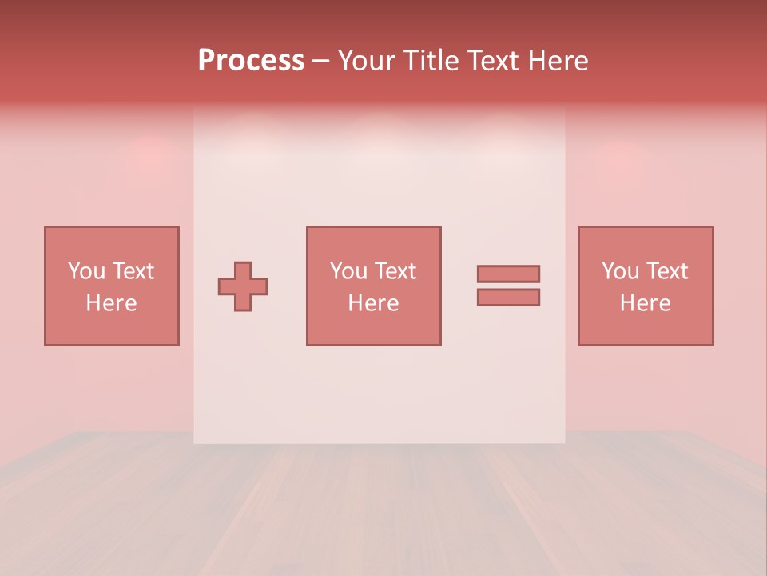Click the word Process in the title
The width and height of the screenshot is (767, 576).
tap(251, 61)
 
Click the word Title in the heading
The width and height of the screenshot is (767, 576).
tap(429, 61)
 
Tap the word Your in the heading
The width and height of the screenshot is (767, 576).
tap(368, 61)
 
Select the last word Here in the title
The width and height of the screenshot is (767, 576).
tap(558, 61)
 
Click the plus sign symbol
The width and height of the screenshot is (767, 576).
tap(243, 286)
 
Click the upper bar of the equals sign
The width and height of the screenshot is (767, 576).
tap(508, 274)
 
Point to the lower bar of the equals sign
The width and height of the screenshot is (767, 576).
tap(508, 297)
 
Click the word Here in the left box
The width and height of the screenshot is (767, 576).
tap(111, 303)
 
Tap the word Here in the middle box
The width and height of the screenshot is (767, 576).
tap(373, 303)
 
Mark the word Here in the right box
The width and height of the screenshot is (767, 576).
tap(646, 303)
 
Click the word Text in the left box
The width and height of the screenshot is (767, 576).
tap(133, 271)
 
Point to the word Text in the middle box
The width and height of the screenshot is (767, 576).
tap(395, 271)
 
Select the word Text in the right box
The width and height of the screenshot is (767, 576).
tap(666, 271)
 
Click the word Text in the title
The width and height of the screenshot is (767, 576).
tap(489, 61)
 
